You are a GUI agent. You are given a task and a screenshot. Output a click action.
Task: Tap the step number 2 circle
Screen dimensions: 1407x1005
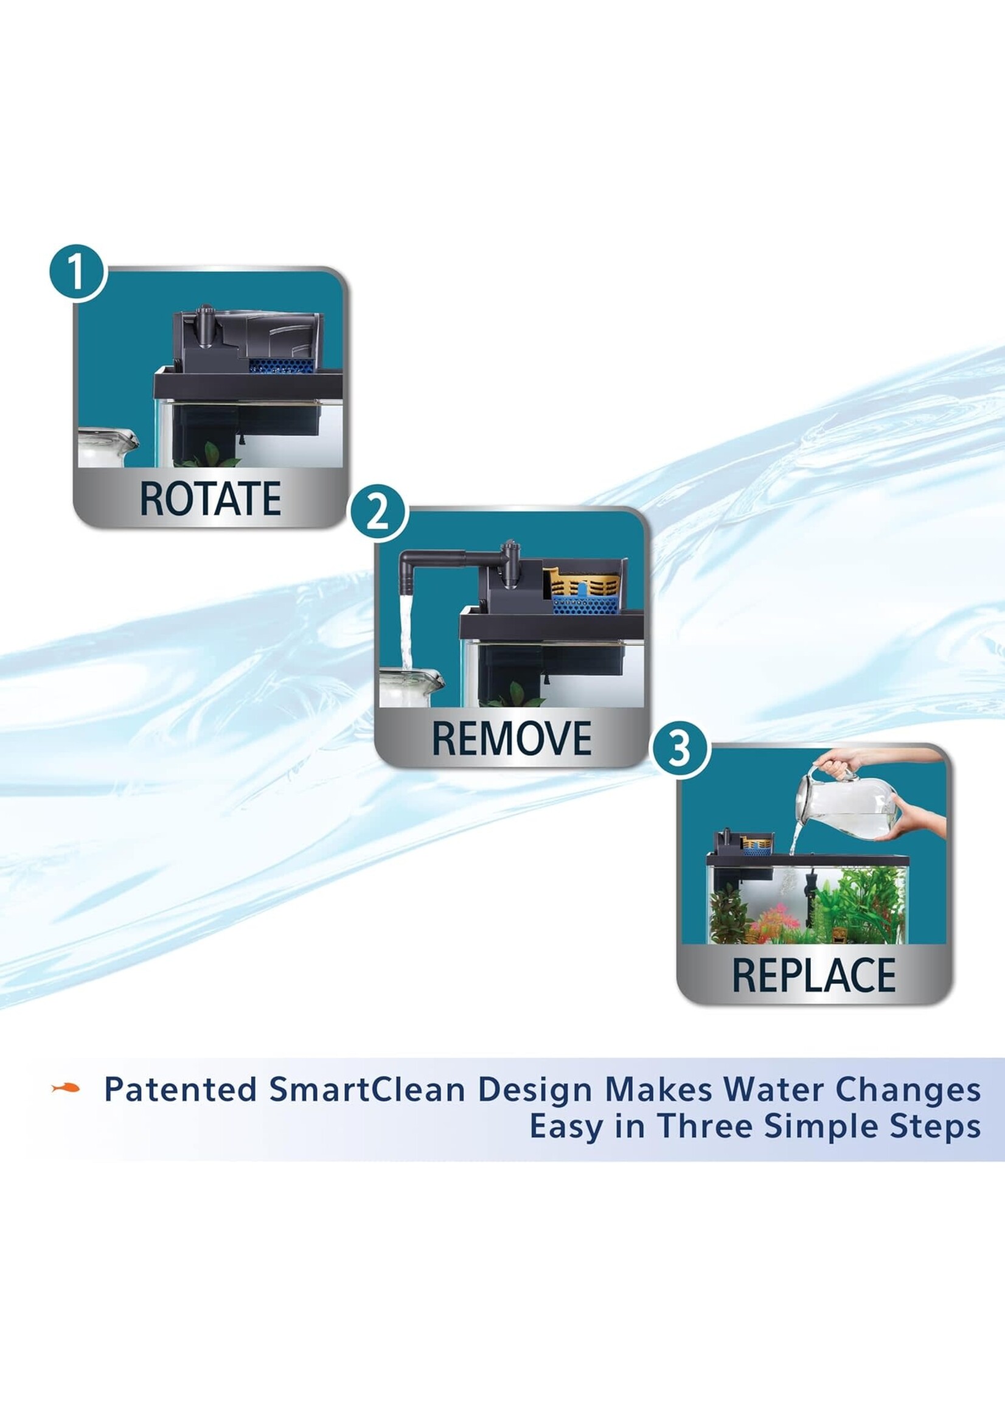pos(378,513)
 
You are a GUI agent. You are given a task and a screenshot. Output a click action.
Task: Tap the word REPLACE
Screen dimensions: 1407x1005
pos(814,976)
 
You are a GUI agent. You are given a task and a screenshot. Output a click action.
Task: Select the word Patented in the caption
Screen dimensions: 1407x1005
pos(180,1089)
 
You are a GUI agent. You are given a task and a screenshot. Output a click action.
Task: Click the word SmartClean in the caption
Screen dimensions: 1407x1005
pos(366,1089)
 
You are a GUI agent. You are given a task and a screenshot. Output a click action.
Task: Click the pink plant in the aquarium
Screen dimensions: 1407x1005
pos(771,916)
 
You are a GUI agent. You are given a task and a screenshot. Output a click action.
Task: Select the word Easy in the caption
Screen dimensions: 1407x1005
pos(565,1127)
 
